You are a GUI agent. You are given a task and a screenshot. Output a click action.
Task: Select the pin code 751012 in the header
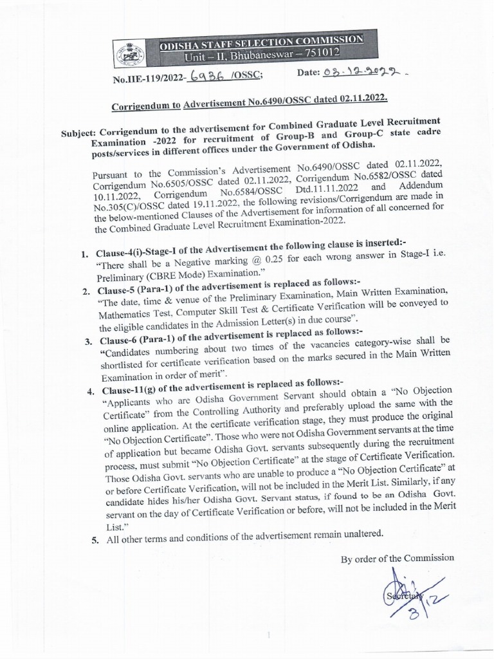click(x=338, y=50)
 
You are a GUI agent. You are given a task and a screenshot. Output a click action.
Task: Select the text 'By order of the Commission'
click(x=397, y=558)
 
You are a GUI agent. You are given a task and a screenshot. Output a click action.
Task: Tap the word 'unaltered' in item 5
click(x=361, y=532)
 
